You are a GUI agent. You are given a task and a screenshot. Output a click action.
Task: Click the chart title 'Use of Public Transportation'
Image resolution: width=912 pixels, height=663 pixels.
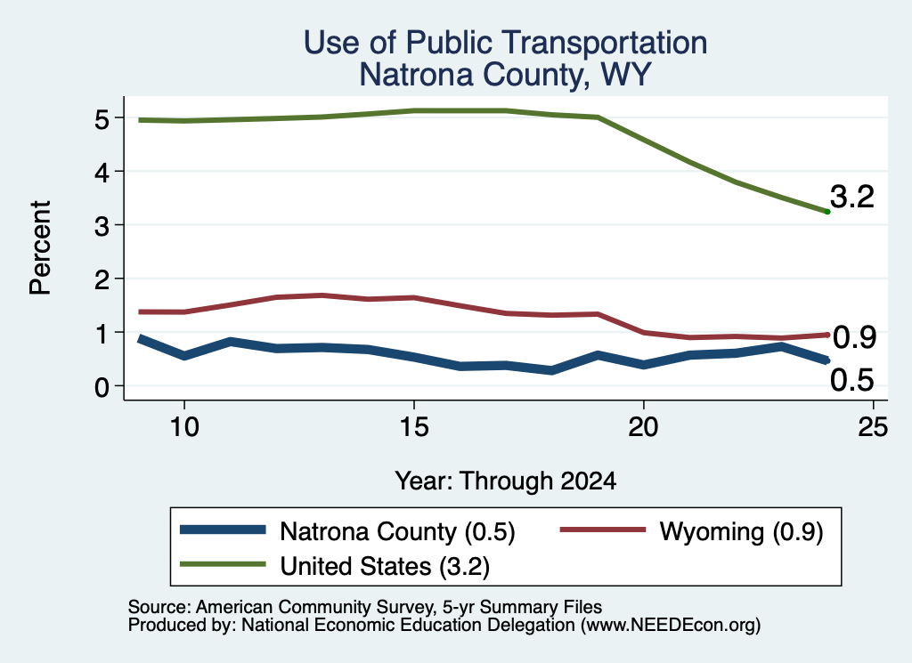[x=506, y=43]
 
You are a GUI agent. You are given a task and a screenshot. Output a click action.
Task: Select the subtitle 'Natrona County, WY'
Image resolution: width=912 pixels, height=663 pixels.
[x=505, y=75]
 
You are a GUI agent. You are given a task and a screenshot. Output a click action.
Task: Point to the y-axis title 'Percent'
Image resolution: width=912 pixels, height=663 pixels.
[x=41, y=248]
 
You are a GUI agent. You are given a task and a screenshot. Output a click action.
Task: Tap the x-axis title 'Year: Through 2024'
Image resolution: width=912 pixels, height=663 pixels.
[x=506, y=481]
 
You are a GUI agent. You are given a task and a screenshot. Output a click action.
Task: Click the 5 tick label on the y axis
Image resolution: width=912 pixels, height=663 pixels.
[x=102, y=120]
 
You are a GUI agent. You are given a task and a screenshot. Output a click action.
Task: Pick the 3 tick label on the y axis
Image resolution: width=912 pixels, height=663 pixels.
[x=102, y=226]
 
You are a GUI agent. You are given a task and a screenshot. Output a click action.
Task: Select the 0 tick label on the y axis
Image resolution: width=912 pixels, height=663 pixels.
[x=102, y=387]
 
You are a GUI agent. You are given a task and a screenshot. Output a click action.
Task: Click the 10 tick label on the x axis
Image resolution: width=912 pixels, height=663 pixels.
[x=184, y=427]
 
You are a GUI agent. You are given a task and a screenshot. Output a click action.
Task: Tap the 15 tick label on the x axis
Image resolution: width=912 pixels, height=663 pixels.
[x=414, y=427]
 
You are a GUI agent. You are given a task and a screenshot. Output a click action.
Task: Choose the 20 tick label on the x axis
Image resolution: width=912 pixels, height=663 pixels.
[x=643, y=427]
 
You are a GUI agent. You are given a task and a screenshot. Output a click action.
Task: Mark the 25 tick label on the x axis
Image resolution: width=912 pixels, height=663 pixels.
[x=873, y=427]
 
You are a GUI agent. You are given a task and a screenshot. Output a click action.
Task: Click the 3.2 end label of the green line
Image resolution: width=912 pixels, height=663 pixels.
[x=852, y=197]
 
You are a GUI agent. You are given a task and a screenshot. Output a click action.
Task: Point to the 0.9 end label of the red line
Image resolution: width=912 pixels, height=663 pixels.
[x=854, y=337]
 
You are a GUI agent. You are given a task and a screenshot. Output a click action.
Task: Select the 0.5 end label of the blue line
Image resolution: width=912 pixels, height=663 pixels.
[x=852, y=381]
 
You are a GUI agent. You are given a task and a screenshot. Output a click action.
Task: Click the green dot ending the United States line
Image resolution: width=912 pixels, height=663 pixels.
[x=827, y=212]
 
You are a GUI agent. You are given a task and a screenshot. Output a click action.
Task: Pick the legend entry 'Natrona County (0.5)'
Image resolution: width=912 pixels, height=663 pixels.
[x=397, y=531]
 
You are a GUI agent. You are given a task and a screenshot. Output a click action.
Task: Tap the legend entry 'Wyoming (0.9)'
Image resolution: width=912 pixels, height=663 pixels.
[x=742, y=531]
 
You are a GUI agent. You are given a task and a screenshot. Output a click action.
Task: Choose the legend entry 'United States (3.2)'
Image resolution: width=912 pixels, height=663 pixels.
[x=385, y=567]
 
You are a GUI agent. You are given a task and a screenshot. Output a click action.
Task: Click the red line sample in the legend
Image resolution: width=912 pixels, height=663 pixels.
[x=603, y=530]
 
